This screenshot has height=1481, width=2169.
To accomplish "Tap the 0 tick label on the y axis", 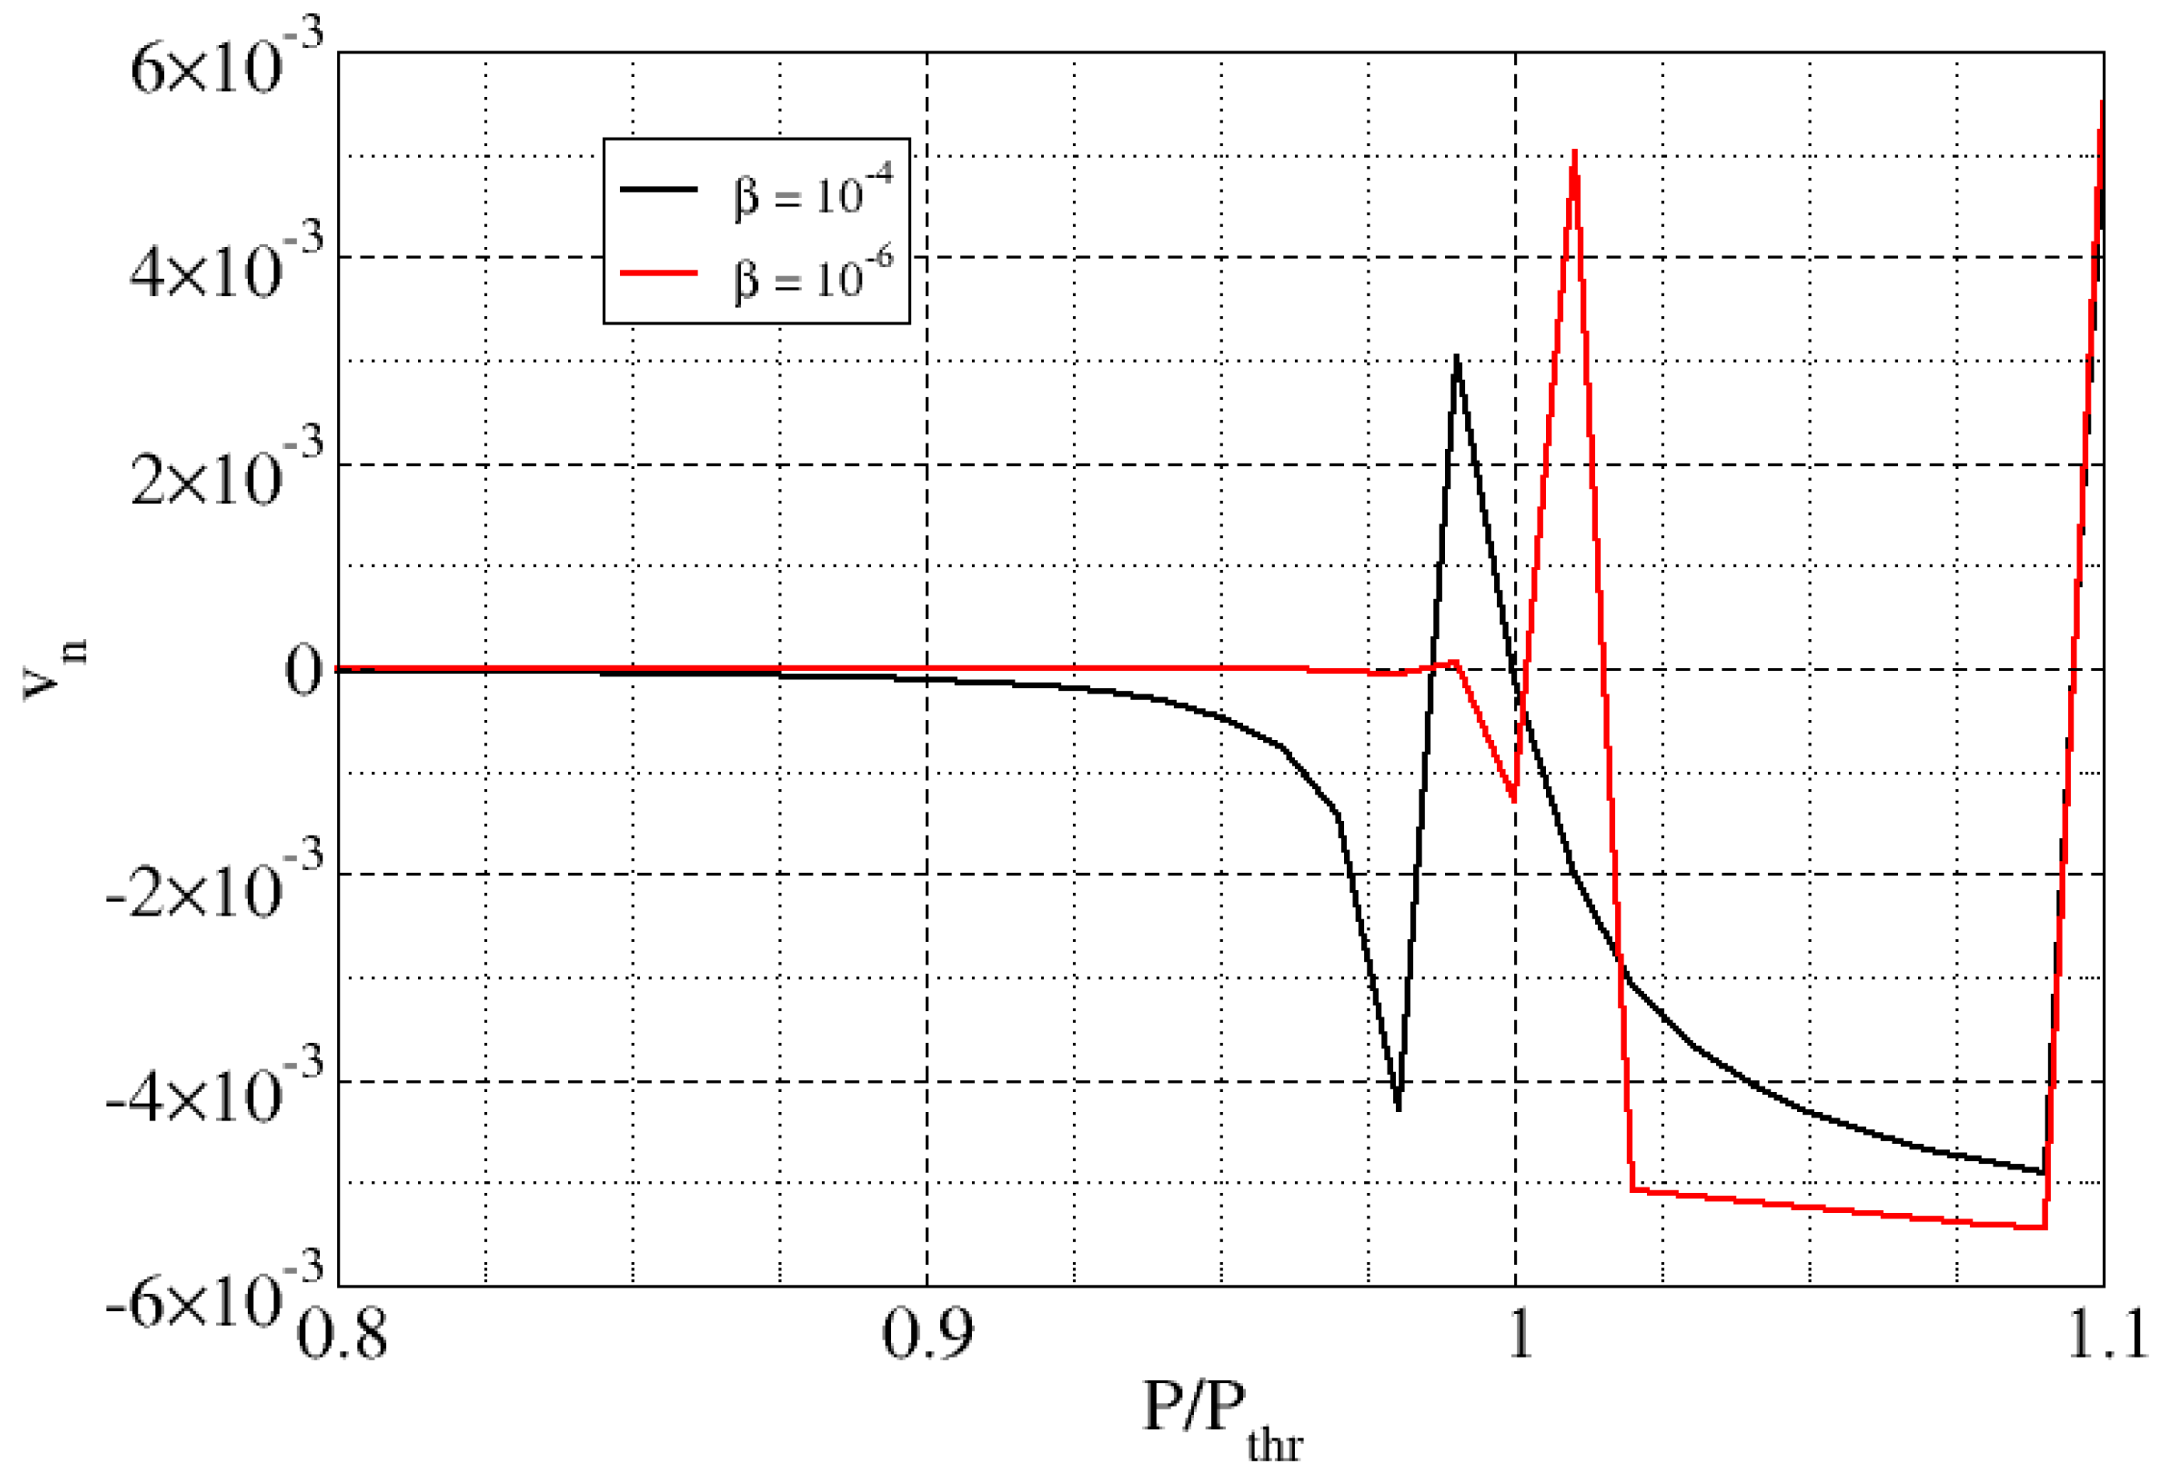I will pos(303,671).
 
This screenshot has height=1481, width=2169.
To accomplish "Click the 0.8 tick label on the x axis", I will pos(342,1334).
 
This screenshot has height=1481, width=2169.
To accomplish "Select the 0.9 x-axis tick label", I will pos(927,1334).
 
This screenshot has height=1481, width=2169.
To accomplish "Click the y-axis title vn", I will pos(54,668).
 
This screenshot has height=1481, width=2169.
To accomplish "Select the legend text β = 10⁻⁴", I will pos(813,190).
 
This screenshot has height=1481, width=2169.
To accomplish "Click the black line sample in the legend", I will pos(659,189).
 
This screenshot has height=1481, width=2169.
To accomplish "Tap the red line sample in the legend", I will pos(659,273).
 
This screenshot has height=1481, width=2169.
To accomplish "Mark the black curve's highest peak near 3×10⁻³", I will pos(1457,358).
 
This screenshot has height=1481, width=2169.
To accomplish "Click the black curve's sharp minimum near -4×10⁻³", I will pos(1397,1109).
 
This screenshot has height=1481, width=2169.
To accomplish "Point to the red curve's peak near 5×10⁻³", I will pos(1575,152).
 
